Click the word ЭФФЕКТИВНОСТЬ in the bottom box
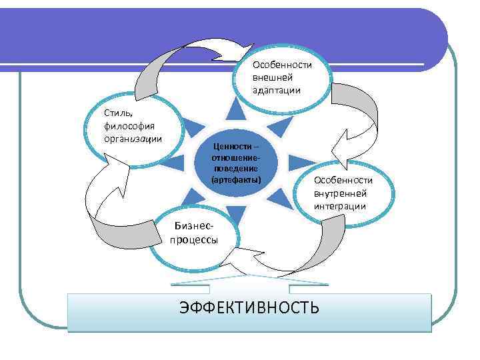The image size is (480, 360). point(249,307)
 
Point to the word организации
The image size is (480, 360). point(133,138)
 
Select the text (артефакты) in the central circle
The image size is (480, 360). point(236,180)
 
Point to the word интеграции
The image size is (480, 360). point(340,206)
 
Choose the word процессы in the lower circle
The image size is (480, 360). point(193,241)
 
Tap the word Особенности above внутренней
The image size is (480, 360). point(343,181)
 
